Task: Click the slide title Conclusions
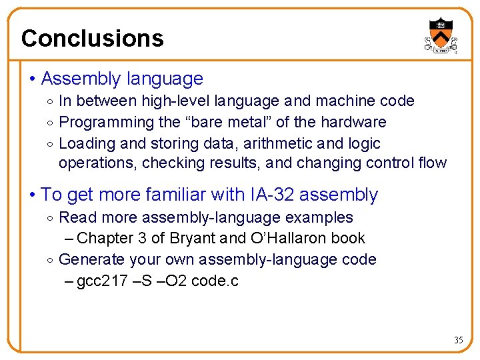click(92, 39)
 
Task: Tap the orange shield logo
click(440, 35)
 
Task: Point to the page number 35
click(458, 340)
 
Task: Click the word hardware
click(353, 123)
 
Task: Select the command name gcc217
click(99, 281)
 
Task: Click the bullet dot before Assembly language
click(33, 79)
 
